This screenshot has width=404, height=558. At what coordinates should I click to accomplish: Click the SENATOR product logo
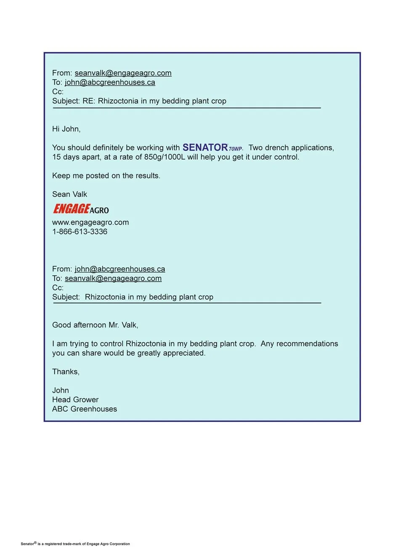click(x=212, y=148)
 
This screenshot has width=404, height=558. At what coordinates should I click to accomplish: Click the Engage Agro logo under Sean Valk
click(x=81, y=209)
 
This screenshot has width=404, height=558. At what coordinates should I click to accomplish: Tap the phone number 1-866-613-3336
click(x=80, y=231)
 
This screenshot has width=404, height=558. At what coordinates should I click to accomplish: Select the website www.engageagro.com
click(x=90, y=222)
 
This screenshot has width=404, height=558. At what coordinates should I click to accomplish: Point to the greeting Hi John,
click(x=66, y=129)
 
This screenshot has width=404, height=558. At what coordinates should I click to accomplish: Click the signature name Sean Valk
click(x=69, y=194)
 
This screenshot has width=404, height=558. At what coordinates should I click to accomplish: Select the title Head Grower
click(x=75, y=400)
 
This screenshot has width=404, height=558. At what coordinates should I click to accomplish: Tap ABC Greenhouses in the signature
click(x=85, y=409)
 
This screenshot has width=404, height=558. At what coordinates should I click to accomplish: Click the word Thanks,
click(x=66, y=372)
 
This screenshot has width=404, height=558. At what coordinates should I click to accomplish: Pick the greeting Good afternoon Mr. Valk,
click(x=95, y=325)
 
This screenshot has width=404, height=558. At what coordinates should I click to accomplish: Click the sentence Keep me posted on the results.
click(x=106, y=176)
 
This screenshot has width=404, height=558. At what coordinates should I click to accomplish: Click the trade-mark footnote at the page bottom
click(x=75, y=544)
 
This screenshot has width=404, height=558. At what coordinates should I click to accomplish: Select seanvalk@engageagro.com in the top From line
click(x=123, y=73)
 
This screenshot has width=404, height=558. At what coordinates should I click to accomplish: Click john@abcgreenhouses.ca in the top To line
click(x=110, y=82)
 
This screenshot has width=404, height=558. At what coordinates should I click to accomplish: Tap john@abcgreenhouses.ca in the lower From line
click(x=120, y=269)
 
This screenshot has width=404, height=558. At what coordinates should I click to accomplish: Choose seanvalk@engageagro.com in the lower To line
click(x=113, y=278)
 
